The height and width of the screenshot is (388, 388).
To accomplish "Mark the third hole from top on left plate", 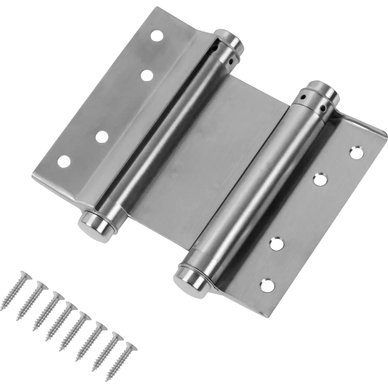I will [x=102, y=137].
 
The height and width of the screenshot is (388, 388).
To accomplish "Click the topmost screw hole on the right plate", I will [x=355, y=151].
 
